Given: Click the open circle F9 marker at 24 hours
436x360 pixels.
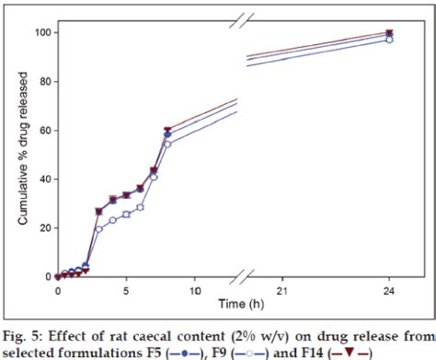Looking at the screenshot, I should click(389, 40).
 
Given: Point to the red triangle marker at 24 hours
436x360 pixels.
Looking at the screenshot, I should click(389, 33).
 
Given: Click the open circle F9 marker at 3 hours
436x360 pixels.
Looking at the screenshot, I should click(98, 228).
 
